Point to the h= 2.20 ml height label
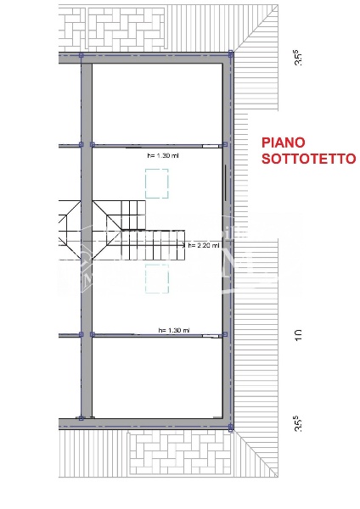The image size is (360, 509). click(x=203, y=245)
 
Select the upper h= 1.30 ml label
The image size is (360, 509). click(x=162, y=156)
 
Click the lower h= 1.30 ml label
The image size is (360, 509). click(x=173, y=330)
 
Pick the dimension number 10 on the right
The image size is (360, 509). click(x=298, y=336)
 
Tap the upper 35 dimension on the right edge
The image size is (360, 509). click(x=298, y=59)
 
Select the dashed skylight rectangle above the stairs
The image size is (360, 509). click(x=156, y=182)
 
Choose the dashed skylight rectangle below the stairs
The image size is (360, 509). click(x=156, y=277)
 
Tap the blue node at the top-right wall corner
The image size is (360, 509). click(x=232, y=54)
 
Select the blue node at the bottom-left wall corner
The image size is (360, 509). click(x=82, y=417)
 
